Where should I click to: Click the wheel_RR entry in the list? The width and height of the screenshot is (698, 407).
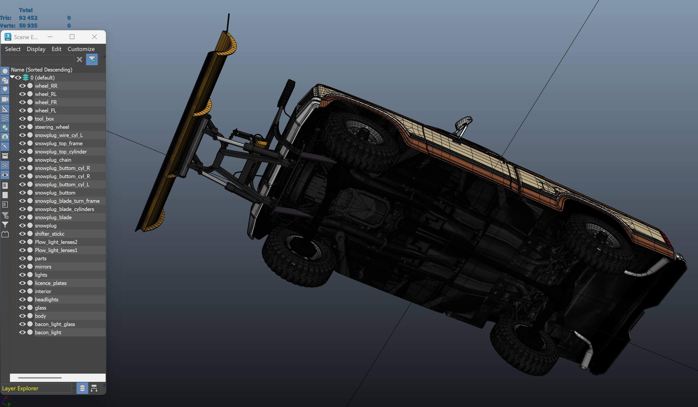click(x=46, y=86)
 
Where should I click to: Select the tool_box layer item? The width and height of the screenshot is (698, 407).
click(x=44, y=119)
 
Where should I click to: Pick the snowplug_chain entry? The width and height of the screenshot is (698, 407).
click(x=53, y=160)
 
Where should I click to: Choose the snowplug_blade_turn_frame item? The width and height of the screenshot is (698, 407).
click(x=67, y=201)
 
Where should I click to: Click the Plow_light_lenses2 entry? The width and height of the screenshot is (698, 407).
click(x=56, y=242)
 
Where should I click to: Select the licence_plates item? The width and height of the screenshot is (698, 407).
click(x=51, y=283)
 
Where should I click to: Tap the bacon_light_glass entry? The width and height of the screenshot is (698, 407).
click(x=55, y=324)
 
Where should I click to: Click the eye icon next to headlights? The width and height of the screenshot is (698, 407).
click(x=22, y=299)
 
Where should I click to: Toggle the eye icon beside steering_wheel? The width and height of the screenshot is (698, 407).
click(x=22, y=127)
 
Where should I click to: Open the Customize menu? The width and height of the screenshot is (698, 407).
click(x=81, y=49)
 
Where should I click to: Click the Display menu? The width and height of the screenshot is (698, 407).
click(x=36, y=49)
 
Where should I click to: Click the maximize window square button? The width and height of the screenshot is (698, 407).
click(x=72, y=37)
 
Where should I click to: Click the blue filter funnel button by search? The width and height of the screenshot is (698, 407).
click(x=92, y=59)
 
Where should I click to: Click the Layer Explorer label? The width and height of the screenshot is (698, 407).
click(x=20, y=388)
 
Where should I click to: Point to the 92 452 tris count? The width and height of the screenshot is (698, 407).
click(x=28, y=18)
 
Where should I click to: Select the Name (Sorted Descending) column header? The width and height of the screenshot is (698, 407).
click(x=42, y=70)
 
